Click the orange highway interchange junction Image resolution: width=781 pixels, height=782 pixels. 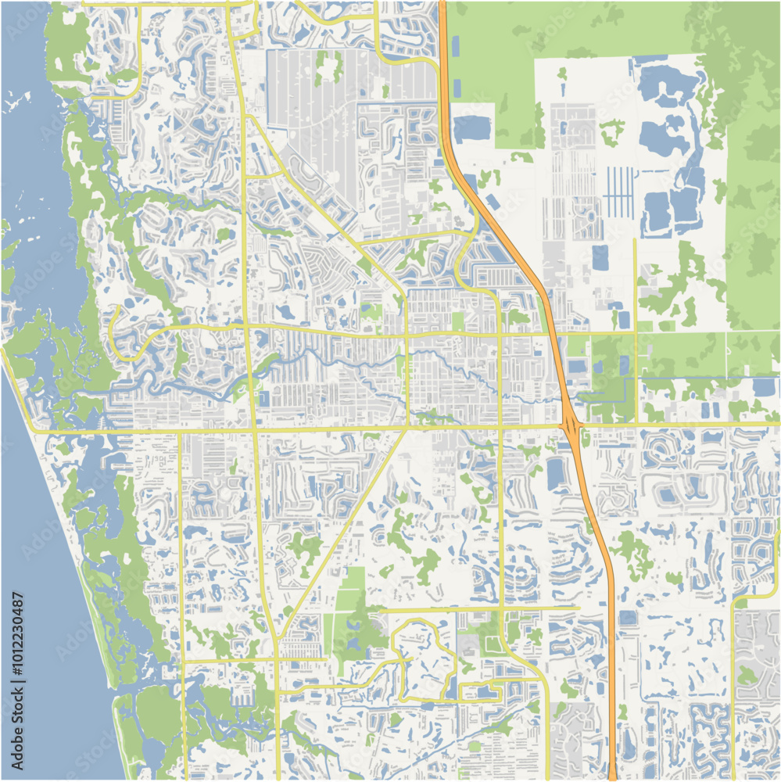pos(572,426)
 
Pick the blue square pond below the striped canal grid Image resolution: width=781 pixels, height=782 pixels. pos(600,256)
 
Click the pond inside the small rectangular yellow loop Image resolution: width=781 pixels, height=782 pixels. pos(485,691)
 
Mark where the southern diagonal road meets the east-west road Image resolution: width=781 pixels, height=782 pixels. pos(407,428)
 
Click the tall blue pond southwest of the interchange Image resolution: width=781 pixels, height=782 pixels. pos(555,474)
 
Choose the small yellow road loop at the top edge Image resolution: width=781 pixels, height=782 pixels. pos(243,19)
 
